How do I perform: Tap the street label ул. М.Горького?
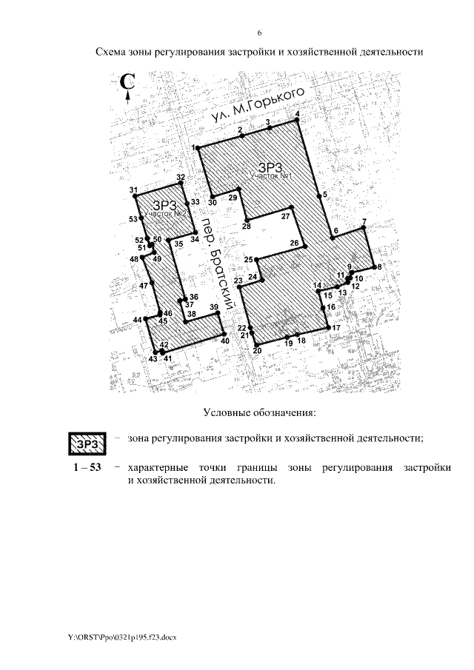click(x=257, y=106)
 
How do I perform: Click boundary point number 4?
click(x=297, y=119)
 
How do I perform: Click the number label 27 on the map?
click(x=285, y=216)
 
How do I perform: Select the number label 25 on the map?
click(x=248, y=259)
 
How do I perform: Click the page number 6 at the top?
click(x=260, y=33)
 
